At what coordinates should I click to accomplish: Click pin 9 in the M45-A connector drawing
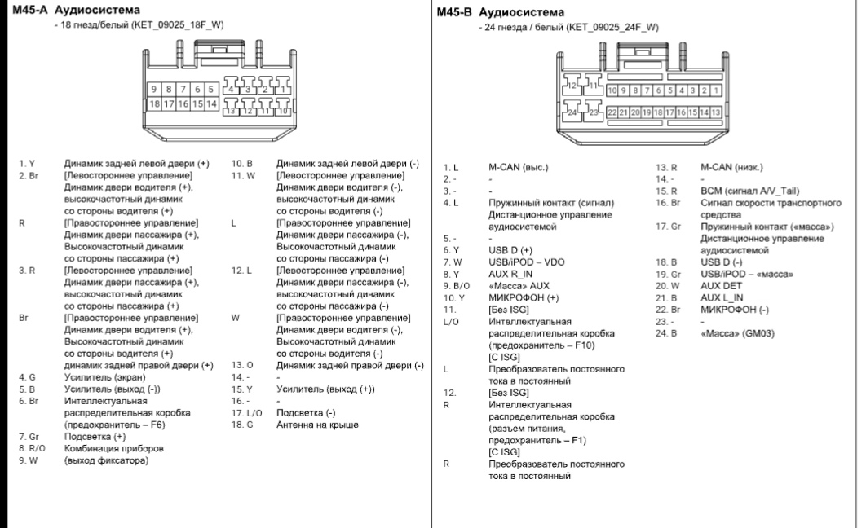(152, 89)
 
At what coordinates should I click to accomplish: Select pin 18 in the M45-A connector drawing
(153, 103)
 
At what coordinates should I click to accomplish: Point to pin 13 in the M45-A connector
(232, 110)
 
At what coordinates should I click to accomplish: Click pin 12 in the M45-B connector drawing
(572, 85)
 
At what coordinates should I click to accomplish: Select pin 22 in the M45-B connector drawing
(612, 112)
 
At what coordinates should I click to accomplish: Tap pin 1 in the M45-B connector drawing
(716, 90)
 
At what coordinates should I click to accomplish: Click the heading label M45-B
(453, 12)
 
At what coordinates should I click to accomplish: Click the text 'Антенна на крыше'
(317, 425)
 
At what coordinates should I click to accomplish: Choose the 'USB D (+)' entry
(510, 249)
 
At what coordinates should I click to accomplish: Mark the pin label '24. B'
(667, 333)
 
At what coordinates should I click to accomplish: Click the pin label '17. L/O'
(245, 413)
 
